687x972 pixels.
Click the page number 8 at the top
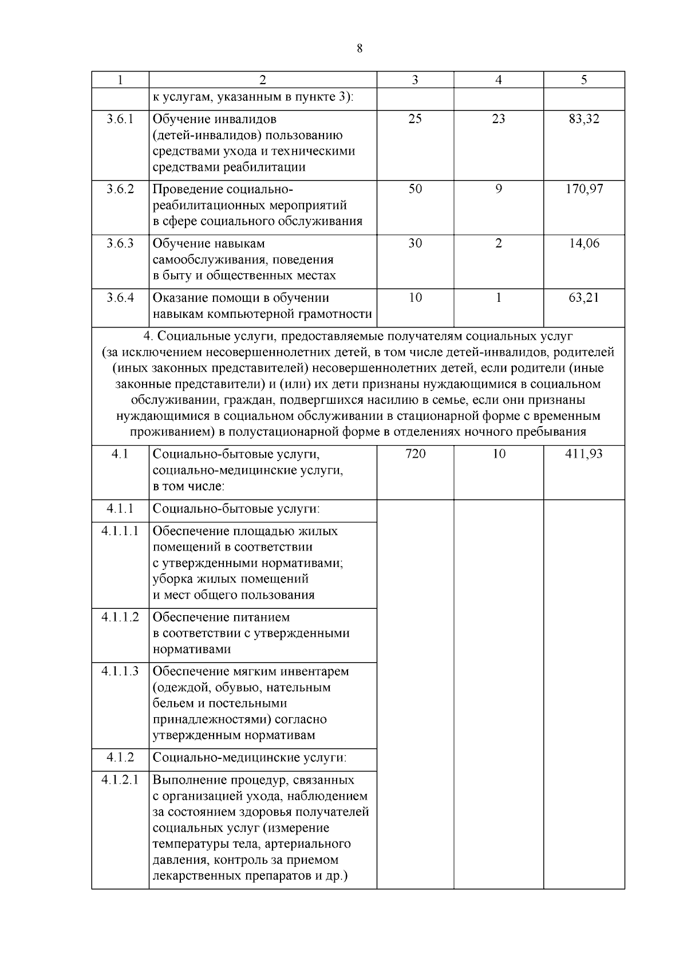360,49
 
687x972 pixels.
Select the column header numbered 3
415,80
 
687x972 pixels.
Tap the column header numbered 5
584,80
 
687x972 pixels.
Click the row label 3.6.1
120,119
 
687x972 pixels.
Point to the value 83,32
584,119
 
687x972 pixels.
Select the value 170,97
584,189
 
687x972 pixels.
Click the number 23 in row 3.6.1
499,119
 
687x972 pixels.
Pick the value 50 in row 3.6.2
415,189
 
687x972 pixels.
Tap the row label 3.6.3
120,243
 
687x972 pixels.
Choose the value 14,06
584,243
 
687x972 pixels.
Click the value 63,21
584,298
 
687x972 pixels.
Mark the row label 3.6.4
120,298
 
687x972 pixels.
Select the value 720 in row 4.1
415,454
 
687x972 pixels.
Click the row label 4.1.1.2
120,617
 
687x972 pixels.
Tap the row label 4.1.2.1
120,780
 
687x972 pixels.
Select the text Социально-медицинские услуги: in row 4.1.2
250,758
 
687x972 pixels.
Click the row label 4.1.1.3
120,671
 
